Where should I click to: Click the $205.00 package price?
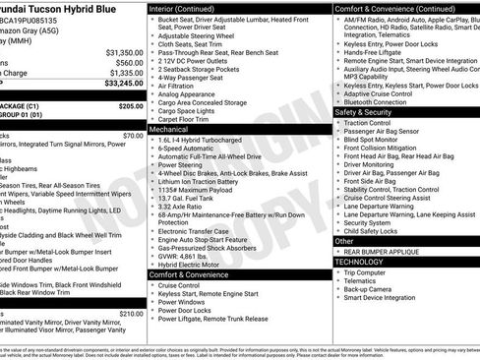[x=130, y=105]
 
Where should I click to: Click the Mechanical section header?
[x=169, y=129]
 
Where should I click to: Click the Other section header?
[x=344, y=240]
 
